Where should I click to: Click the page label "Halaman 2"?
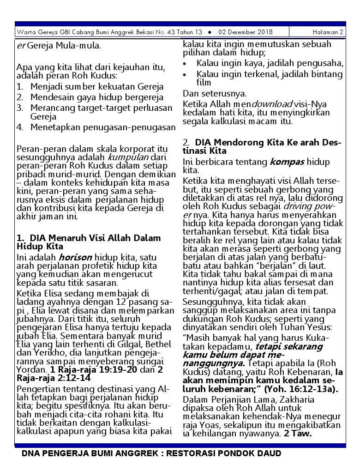[328, 32]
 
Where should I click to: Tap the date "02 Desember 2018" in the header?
[245, 32]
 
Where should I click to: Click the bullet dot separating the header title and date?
[210, 32]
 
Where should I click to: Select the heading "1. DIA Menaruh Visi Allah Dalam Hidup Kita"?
[89, 242]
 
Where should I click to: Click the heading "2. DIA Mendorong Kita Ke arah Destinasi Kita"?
[262, 146]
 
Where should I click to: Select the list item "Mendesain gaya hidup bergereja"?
[96, 97]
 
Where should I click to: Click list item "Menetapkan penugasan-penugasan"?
[103, 127]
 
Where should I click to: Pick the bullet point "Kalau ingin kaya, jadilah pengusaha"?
[270, 63]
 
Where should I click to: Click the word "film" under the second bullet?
[204, 83]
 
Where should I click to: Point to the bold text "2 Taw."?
[298, 434]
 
